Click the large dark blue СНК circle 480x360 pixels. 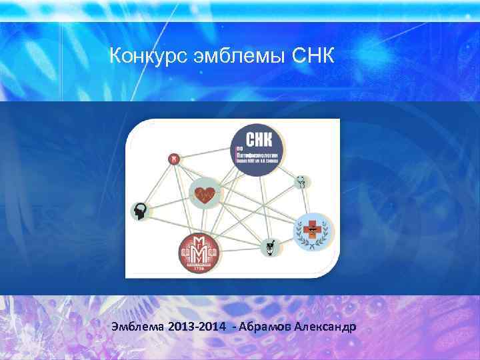[x=257, y=150]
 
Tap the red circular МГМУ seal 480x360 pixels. [x=198, y=255]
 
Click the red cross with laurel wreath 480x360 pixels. [x=312, y=231]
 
